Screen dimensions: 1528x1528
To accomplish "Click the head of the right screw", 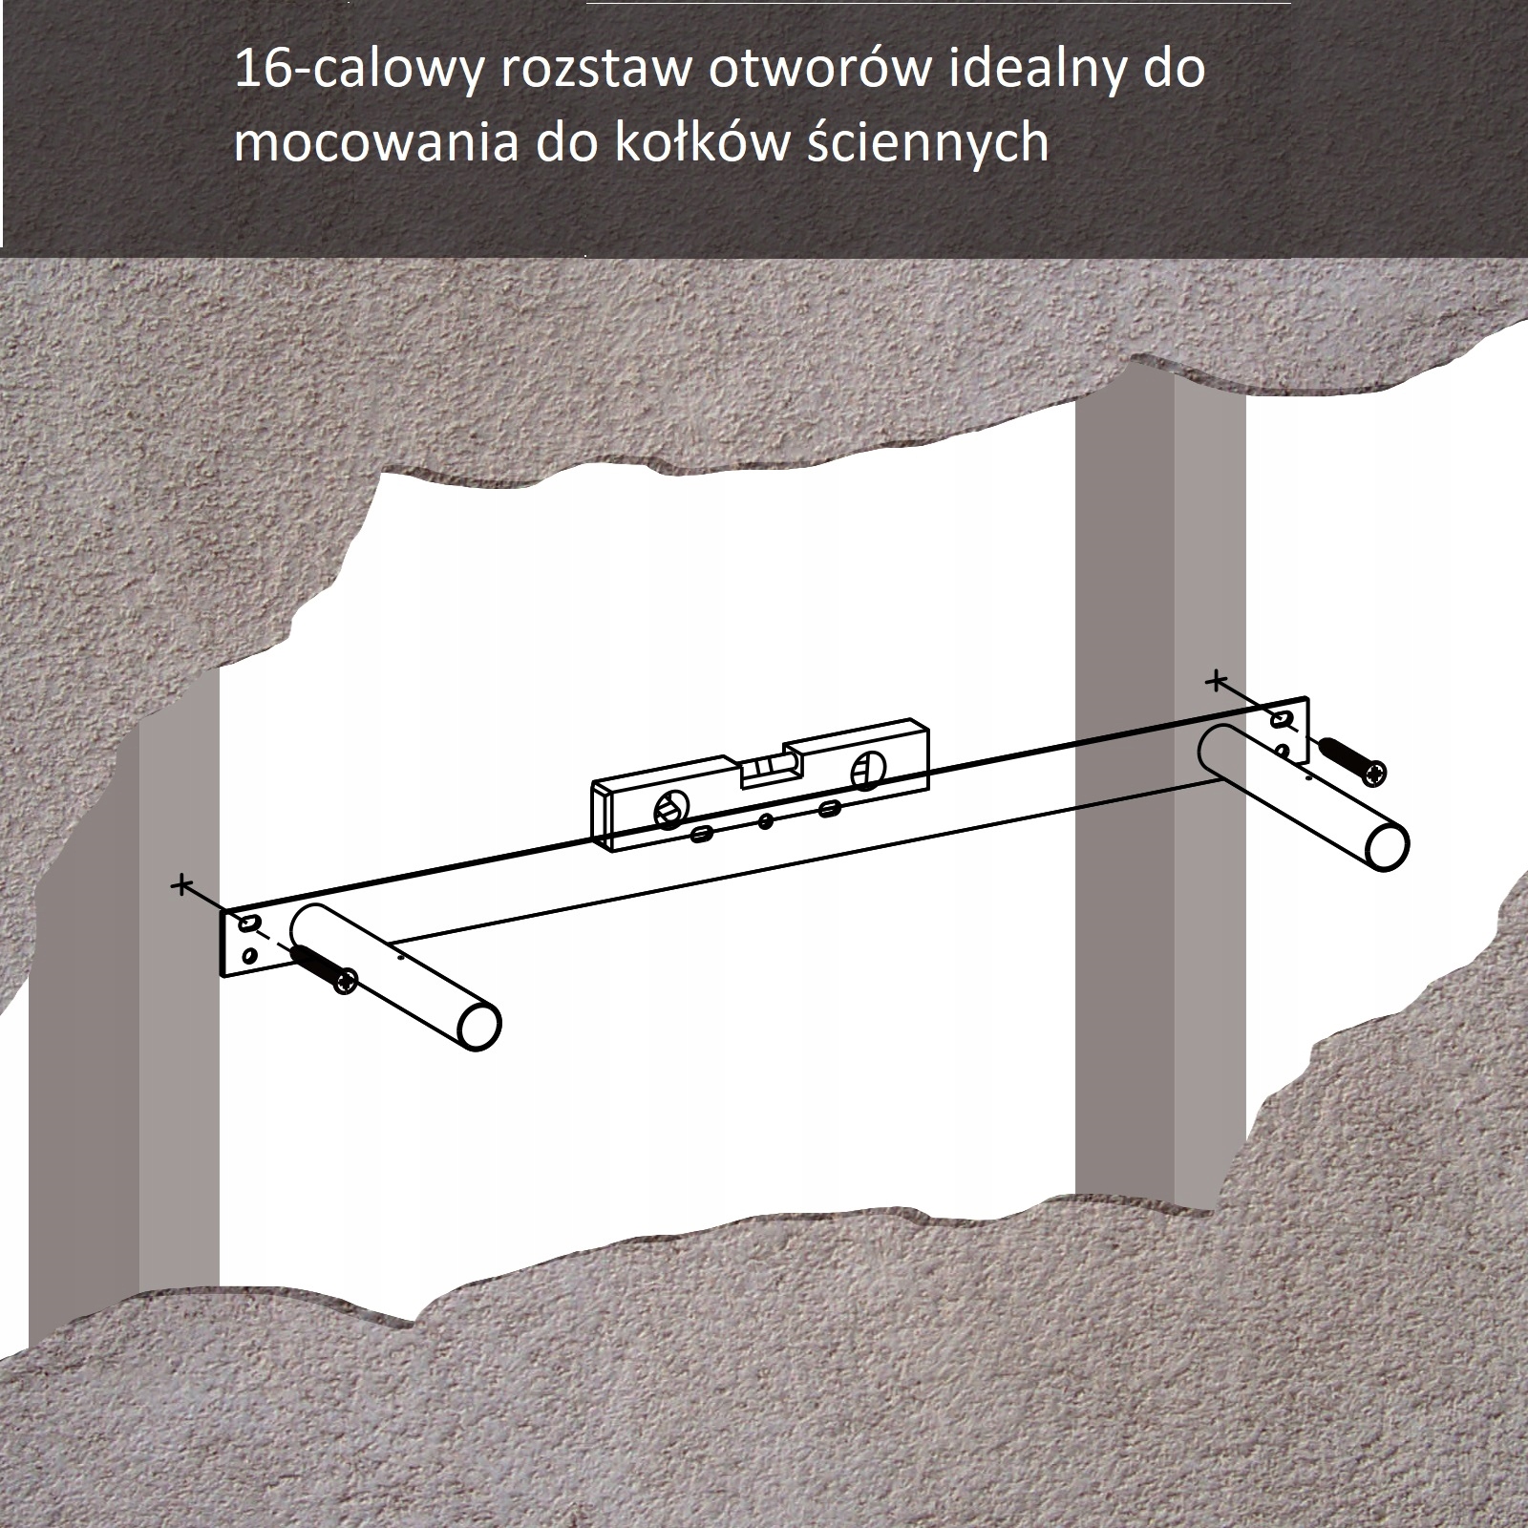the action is click(x=1374, y=773).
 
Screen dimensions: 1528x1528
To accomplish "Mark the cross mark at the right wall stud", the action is click(x=1215, y=681).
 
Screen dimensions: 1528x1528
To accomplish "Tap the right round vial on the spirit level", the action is click(x=867, y=770).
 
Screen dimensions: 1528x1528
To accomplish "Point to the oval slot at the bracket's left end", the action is click(x=248, y=923).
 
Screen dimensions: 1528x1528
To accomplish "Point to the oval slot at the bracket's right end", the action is click(x=1281, y=718).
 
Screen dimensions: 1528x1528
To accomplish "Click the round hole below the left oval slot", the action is click(x=249, y=955).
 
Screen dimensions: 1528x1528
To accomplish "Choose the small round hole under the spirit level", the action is click(x=765, y=819).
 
